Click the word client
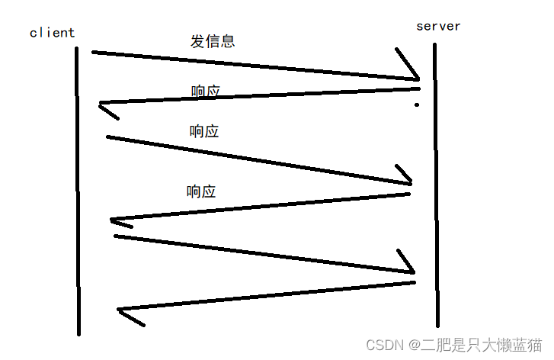(52, 33)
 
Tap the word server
(438, 26)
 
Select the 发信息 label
(213, 40)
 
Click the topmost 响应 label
(205, 92)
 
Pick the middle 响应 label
(204, 131)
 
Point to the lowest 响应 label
(201, 191)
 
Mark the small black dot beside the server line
(417, 104)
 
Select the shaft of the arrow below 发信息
(251, 64)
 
